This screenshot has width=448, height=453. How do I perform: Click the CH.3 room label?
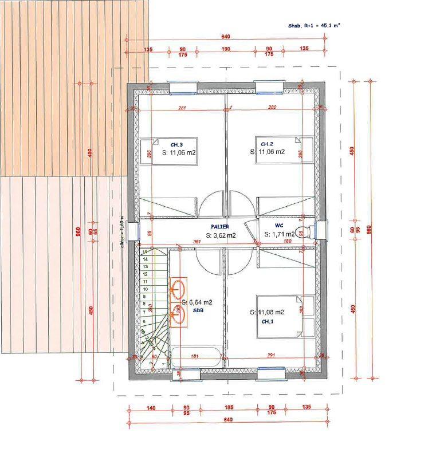(176, 144)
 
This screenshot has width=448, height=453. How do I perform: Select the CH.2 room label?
(267, 144)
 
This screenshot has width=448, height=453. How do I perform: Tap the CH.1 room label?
(268, 322)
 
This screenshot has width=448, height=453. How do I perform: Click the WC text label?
(279, 226)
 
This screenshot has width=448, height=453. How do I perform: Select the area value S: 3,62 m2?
(221, 235)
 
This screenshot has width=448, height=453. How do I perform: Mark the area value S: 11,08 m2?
(268, 312)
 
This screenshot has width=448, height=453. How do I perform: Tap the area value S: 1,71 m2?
(279, 235)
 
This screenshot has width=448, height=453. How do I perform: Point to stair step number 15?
(145, 251)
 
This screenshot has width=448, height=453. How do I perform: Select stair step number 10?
(145, 289)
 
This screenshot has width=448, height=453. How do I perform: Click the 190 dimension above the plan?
(225, 49)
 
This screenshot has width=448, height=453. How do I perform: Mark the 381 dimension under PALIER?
(197, 242)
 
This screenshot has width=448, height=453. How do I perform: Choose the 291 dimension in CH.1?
(271, 356)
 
